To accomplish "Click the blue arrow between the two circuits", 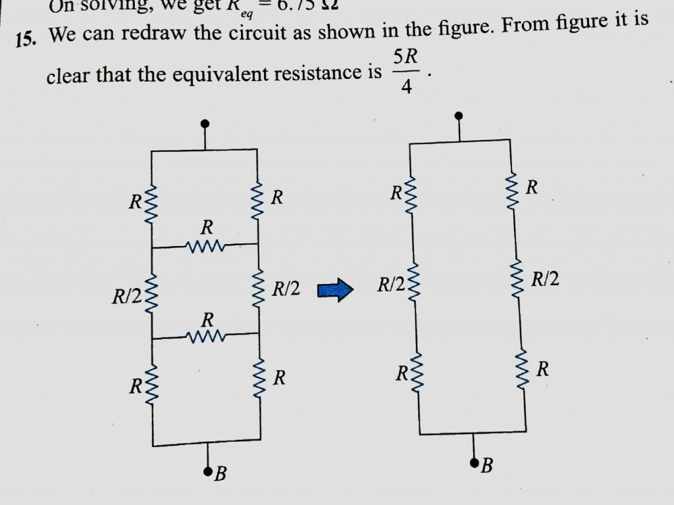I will (336, 290).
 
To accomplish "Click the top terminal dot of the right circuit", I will (459, 117).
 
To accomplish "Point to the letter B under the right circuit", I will (486, 467).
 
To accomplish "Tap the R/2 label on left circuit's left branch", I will (126, 297).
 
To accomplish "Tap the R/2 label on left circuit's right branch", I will (286, 288).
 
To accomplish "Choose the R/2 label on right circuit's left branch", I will (390, 285).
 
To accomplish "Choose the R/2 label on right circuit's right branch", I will (545, 280).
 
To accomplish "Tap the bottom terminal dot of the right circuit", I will (474, 463).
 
